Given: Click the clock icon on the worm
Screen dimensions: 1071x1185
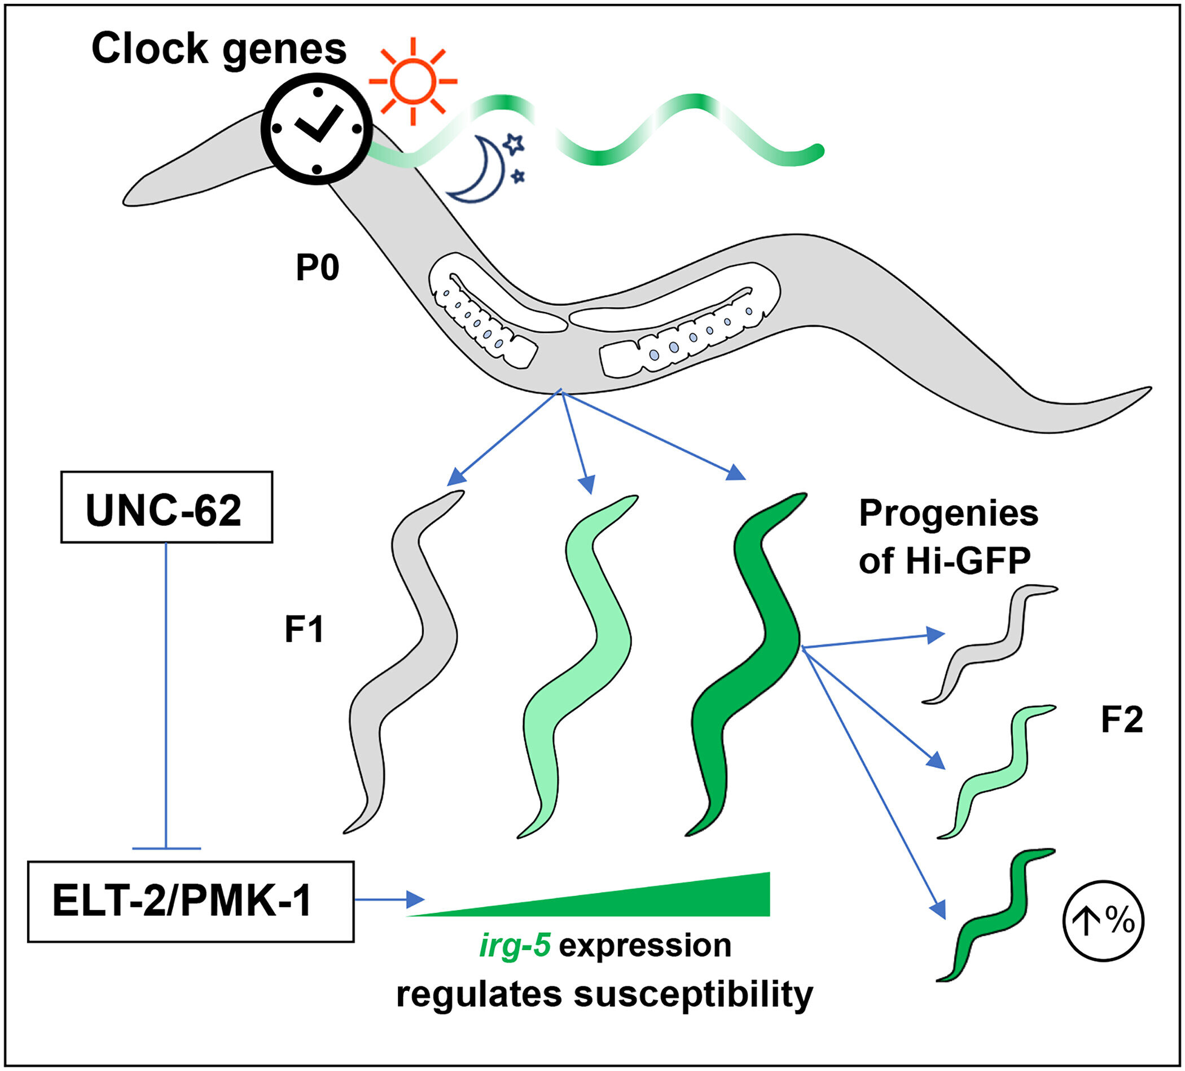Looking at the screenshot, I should [x=317, y=129].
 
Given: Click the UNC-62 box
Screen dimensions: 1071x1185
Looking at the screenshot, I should [x=166, y=507].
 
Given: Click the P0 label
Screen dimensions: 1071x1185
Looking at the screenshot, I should [x=317, y=268].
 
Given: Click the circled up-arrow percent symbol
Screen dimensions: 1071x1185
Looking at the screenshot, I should [x=1103, y=920].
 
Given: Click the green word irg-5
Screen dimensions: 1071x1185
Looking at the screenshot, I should [x=515, y=946].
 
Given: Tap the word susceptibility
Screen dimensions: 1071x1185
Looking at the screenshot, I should [x=693, y=995].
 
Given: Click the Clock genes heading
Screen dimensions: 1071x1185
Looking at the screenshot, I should [x=219, y=50].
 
